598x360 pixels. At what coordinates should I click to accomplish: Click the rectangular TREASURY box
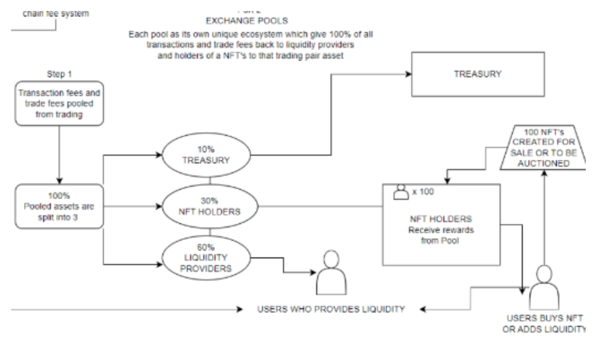(478, 74)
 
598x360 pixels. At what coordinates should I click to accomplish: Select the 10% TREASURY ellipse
(206, 155)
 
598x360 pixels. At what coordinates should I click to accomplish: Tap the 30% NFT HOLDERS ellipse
(210, 206)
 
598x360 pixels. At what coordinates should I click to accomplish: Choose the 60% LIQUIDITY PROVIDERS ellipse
(206, 258)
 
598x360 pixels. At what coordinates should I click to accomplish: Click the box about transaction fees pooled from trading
(59, 103)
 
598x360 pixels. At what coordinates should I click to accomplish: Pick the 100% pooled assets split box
(59, 206)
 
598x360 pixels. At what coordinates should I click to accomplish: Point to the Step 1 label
(59, 74)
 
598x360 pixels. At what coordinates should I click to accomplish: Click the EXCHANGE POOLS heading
(247, 21)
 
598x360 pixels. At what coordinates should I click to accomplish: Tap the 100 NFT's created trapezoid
(543, 148)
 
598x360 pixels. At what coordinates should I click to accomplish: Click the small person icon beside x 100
(401, 192)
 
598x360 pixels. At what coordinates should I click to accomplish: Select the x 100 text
(423, 192)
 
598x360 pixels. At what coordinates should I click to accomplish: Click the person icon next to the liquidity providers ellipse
(331, 273)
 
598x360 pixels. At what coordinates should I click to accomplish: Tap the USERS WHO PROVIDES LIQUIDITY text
(331, 309)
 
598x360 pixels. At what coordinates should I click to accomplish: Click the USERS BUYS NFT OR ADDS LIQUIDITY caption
(544, 323)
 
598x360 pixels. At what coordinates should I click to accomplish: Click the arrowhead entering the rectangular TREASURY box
(409, 74)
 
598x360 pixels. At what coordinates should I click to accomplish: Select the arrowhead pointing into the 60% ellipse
(160, 264)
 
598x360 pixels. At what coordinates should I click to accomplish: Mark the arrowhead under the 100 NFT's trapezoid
(544, 173)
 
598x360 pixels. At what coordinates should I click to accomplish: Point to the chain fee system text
(56, 14)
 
